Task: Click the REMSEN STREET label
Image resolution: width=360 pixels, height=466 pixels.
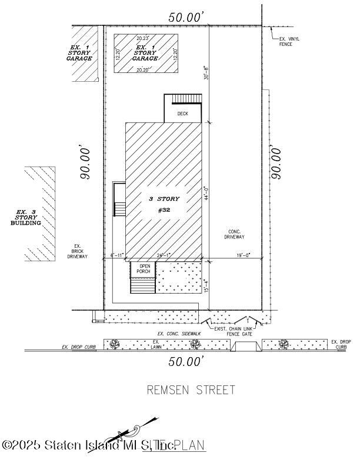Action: click(191, 390)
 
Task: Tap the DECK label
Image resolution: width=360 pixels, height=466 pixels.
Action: click(183, 114)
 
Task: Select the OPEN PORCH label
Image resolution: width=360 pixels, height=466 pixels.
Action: click(144, 269)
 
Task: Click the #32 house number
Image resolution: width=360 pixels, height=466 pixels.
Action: click(164, 210)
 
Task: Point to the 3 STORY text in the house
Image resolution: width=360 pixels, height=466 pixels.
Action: click(164, 199)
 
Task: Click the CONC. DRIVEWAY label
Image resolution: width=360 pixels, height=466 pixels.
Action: click(234, 234)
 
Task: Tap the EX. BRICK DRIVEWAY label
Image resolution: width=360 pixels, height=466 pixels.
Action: click(77, 251)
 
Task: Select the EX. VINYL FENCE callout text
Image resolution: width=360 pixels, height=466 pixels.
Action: click(289, 41)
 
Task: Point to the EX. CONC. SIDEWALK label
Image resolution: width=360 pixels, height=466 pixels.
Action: click(179, 334)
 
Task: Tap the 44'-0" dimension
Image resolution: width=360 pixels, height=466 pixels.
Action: click(206, 194)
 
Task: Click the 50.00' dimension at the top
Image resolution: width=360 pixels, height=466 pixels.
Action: click(186, 18)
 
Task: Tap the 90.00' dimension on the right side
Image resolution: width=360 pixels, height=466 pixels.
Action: click(275, 163)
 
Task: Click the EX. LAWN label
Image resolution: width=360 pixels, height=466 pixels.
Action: click(156, 344)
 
